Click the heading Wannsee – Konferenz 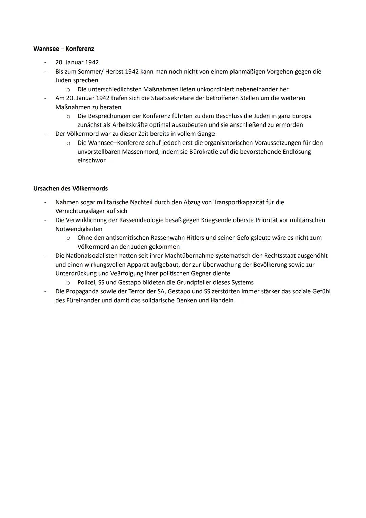[x=63, y=49]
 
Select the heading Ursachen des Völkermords [x=70, y=188]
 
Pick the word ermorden [x=289, y=125]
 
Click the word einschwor [x=91, y=160]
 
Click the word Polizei [x=86, y=282]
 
